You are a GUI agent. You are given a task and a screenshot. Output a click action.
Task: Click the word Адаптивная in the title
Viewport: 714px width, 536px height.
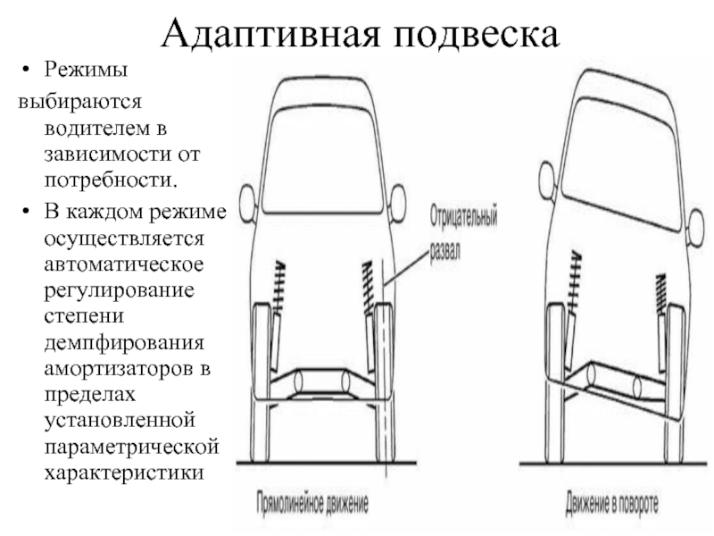coord(270,34)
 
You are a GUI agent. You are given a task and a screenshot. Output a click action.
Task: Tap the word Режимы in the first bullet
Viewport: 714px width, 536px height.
coord(86,71)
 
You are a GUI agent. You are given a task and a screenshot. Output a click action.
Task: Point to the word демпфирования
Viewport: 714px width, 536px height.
coord(124,343)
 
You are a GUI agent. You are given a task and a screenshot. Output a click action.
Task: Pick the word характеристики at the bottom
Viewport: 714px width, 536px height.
coord(124,473)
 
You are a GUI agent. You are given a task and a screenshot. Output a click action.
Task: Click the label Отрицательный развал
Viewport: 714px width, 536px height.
coord(463,233)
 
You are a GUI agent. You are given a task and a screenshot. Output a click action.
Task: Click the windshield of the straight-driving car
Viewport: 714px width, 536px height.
coord(322,160)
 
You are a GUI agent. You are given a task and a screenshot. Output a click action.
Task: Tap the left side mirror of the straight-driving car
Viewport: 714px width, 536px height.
coord(247,204)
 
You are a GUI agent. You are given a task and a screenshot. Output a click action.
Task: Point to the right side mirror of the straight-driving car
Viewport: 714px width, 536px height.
coord(397,204)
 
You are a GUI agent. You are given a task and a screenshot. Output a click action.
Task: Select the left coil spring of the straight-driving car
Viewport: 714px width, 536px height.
coord(278,286)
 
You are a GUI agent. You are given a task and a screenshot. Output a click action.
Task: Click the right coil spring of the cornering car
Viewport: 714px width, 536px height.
coord(660,295)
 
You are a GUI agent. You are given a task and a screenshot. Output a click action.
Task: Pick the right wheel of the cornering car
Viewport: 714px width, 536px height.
coord(675,385)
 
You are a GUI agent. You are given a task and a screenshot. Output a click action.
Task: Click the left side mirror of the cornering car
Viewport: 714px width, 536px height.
coord(546,180)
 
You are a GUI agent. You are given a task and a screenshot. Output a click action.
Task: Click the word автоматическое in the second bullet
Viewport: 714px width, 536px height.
coord(124,264)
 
